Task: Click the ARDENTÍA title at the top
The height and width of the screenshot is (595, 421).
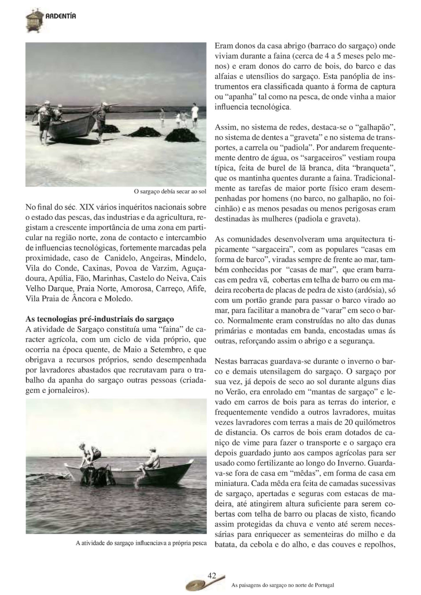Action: (x=61, y=16)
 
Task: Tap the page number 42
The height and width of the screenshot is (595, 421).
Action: (x=211, y=575)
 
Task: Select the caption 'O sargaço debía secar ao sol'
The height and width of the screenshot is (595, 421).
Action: (x=170, y=191)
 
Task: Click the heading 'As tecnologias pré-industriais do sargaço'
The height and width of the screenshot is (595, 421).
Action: (x=100, y=319)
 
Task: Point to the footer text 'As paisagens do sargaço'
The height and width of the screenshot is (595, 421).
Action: (x=282, y=585)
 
